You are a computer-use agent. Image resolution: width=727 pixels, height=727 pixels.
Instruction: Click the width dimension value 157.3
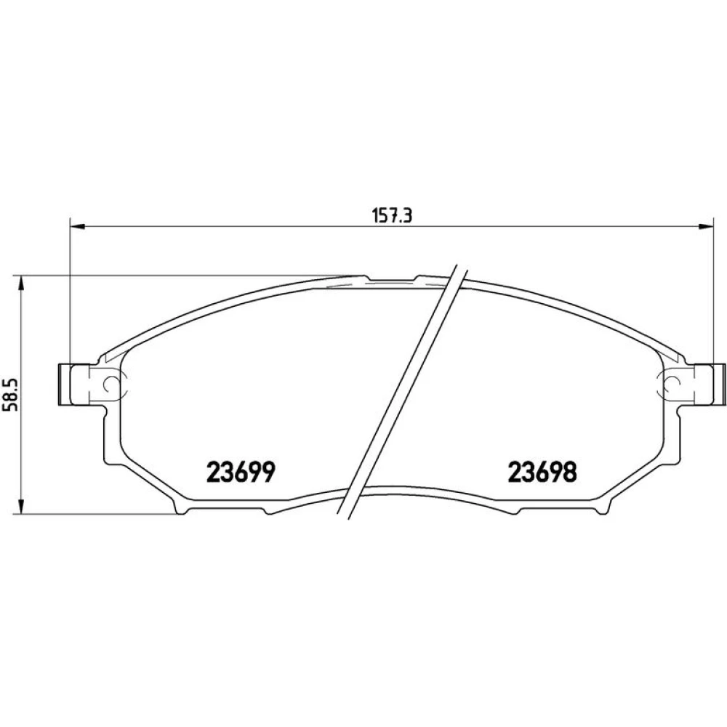(392, 216)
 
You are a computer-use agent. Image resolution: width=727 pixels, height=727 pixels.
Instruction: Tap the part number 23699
(241, 473)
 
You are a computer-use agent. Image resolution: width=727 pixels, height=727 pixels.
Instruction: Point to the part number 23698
(542, 473)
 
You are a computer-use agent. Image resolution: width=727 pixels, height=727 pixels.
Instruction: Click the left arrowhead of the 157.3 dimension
(77, 226)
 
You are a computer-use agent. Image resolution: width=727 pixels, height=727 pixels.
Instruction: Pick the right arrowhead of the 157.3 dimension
(706, 226)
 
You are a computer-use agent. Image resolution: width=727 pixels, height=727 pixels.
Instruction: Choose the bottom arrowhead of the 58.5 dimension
(20, 506)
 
